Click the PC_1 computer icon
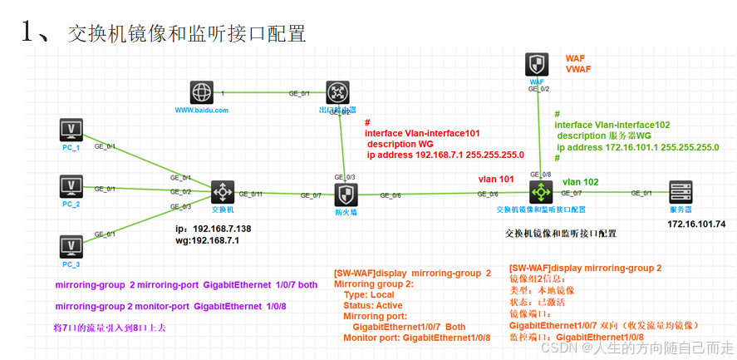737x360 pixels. (71, 130)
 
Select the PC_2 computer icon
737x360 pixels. (71, 185)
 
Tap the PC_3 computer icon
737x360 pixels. (71, 246)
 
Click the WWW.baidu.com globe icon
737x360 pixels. (201, 91)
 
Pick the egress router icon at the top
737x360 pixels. (337, 91)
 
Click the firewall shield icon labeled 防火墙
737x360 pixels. (346, 195)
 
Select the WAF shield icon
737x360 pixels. (537, 65)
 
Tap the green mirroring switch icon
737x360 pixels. (541, 192)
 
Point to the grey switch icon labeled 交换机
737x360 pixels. (222, 192)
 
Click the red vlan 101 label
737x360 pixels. (496, 179)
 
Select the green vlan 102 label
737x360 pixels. (581, 181)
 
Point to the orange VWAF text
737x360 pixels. (578, 69)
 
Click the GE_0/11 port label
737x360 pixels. (251, 195)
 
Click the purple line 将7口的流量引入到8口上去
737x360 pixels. (109, 328)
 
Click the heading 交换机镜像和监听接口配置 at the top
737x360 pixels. (187, 33)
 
